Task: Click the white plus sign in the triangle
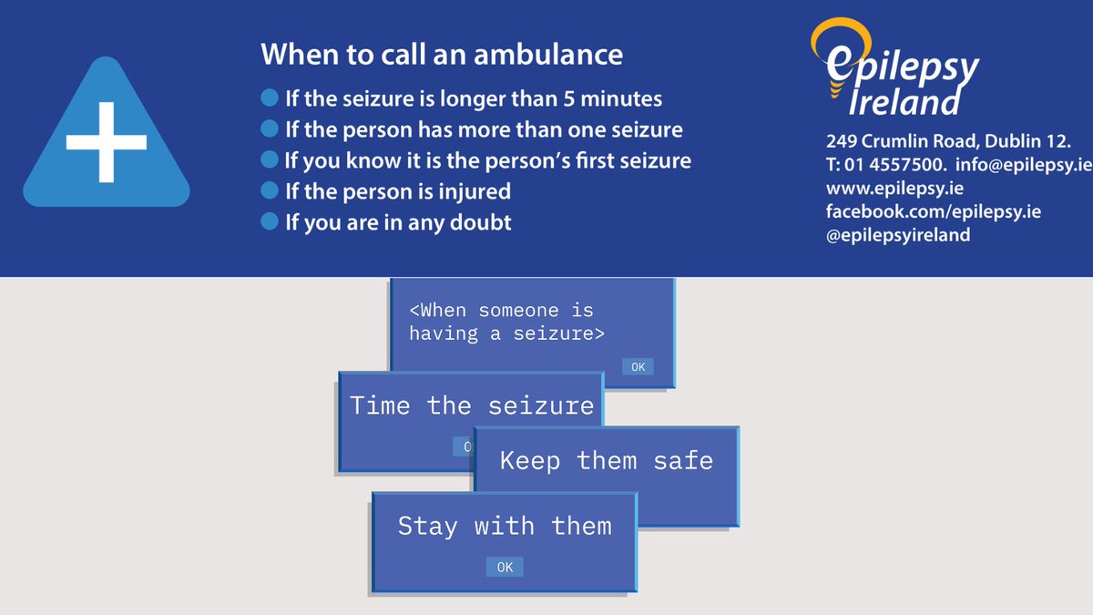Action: (106, 141)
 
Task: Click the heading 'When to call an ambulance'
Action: (442, 55)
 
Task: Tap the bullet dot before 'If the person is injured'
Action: (269, 190)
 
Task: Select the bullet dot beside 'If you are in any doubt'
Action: (269, 220)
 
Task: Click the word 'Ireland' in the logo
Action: (904, 102)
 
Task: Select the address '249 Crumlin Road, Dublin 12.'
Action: (948, 142)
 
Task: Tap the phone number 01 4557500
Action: (897, 165)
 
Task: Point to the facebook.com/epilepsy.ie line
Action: (933, 211)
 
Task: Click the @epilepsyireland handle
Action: (898, 235)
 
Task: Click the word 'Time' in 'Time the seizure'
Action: (380, 405)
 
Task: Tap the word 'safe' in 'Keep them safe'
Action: (682, 460)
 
